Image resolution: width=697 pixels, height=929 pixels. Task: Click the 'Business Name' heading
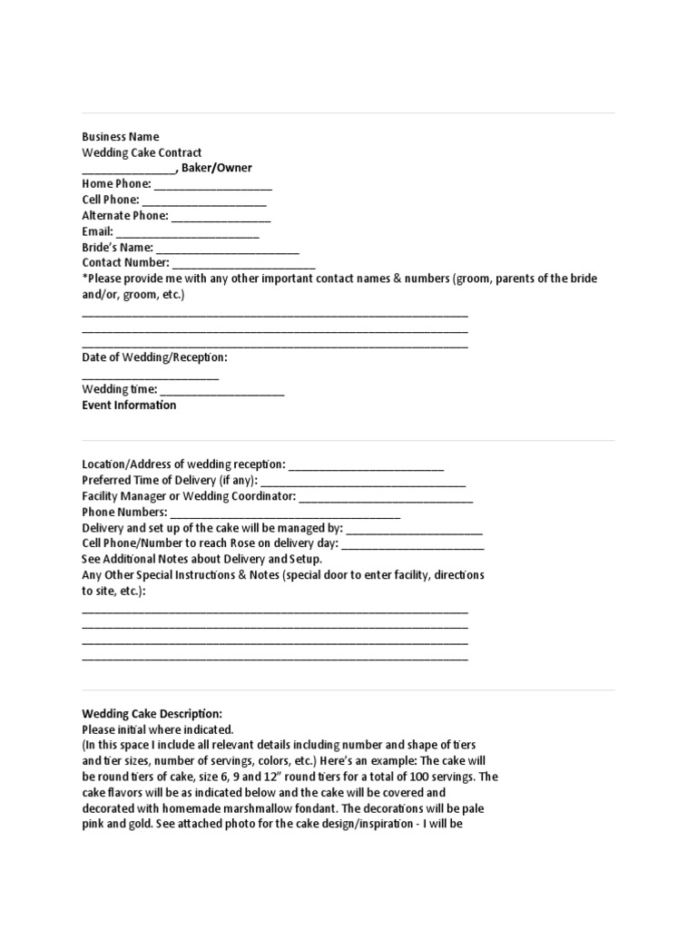120,137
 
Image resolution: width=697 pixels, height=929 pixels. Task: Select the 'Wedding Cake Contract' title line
142,152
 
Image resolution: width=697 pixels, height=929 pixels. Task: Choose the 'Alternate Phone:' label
125,216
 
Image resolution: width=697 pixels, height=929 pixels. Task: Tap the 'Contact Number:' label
125,263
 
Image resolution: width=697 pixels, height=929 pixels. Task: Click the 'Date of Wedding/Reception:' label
154,357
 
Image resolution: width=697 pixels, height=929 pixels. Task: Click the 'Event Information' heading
129,406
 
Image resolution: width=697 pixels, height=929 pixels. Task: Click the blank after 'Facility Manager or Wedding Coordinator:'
386,498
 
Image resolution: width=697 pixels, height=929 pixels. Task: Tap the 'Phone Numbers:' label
124,512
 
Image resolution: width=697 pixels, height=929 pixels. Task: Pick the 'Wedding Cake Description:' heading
152,714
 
